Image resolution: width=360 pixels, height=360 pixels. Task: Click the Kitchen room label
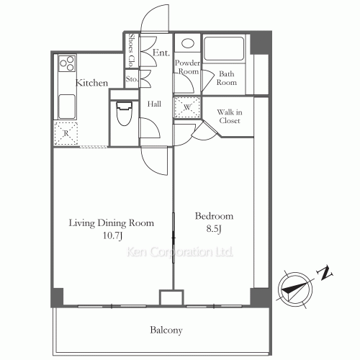(x=92, y=84)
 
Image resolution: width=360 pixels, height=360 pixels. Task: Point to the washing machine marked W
(x=186, y=108)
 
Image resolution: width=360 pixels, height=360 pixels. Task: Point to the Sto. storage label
(x=132, y=78)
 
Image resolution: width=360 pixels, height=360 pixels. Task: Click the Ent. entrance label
(x=161, y=53)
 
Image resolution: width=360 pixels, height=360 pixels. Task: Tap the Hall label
(x=154, y=104)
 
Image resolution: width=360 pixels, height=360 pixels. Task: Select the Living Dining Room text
(x=112, y=223)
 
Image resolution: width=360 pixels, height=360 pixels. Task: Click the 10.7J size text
(x=112, y=236)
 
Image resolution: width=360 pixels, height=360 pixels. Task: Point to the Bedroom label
(x=215, y=216)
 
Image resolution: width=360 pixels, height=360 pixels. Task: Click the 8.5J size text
(x=215, y=229)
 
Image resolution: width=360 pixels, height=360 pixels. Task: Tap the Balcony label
(x=166, y=330)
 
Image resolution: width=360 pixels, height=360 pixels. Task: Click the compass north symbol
(x=293, y=289)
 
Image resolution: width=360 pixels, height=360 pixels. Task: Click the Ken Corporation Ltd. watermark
(x=180, y=253)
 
